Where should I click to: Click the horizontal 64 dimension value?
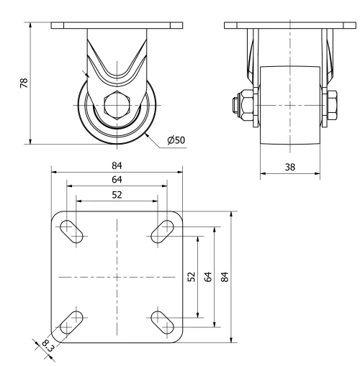tap(115, 180)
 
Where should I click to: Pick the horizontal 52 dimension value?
tap(115, 194)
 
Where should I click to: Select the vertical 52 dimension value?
tap(191, 277)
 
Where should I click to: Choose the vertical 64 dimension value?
tap(207, 277)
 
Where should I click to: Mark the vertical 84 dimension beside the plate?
tap(225, 277)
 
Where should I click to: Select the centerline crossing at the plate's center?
tap(115, 277)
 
